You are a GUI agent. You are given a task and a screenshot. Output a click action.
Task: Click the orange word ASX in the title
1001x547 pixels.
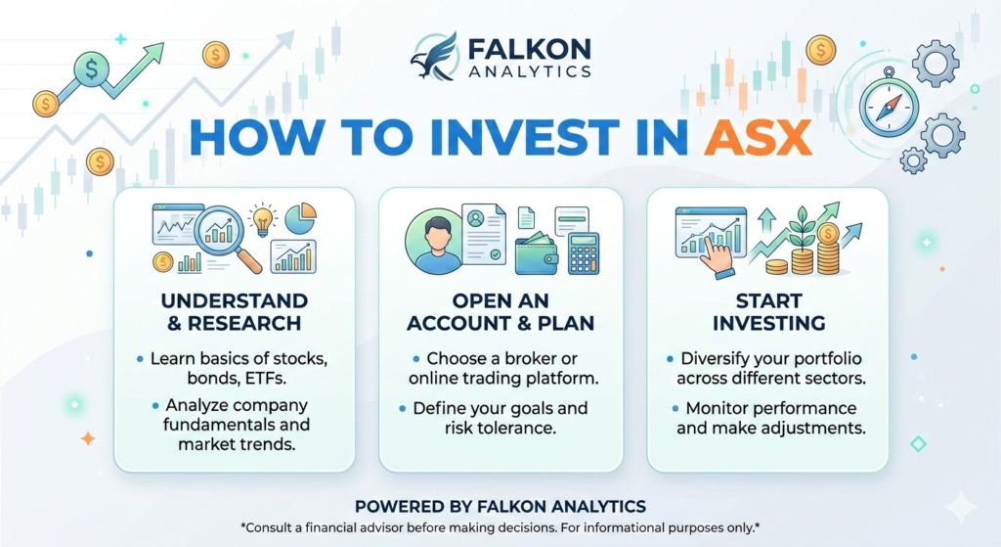point(758,137)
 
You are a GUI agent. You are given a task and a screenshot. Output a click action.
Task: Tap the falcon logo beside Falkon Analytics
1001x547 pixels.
point(434,56)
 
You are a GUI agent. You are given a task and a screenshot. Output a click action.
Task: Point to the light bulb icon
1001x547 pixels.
point(262,219)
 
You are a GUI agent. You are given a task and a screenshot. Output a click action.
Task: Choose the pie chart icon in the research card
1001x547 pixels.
point(300,218)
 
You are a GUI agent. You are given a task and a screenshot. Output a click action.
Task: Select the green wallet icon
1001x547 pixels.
point(537,253)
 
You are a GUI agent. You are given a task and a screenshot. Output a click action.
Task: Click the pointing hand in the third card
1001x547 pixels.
point(718,255)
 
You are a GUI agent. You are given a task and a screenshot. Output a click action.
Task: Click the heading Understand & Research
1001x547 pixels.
point(235,312)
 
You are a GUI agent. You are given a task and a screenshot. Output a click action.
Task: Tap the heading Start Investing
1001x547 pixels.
point(768,312)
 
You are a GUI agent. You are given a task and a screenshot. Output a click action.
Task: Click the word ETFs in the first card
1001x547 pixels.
point(264,379)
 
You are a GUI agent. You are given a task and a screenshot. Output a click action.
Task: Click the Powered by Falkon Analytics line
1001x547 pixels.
point(500,507)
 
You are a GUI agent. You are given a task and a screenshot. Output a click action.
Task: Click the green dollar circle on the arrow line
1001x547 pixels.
point(92,68)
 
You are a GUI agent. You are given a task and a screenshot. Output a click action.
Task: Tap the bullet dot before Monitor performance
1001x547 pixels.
point(675,408)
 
